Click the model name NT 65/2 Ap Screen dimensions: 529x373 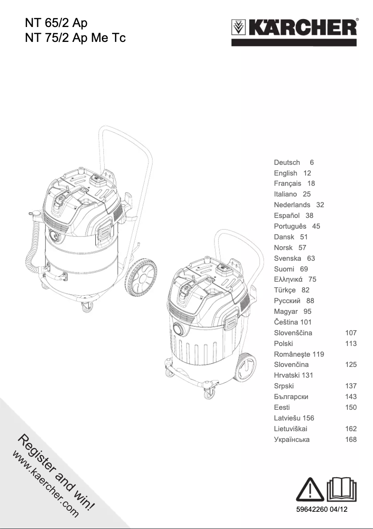point(56,22)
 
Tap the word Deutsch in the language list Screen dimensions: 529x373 point(287,163)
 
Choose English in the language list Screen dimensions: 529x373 point(286,173)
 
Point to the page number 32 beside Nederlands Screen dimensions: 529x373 point(320,205)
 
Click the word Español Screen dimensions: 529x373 point(287,216)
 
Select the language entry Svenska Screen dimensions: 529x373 point(287,258)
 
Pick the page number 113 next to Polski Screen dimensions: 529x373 point(351,344)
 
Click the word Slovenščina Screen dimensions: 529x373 point(293,333)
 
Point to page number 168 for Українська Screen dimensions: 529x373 point(351,440)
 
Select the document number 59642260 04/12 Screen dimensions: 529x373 point(322,510)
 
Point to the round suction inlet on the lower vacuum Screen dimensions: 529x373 point(177,329)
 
